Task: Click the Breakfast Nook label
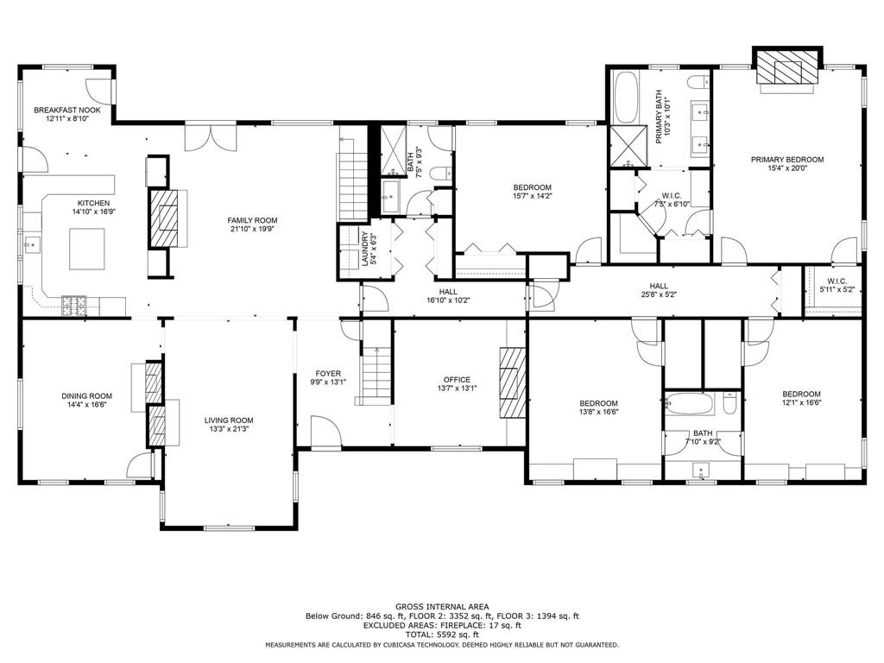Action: click(67, 110)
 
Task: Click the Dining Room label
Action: click(86, 396)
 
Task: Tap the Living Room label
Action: click(229, 420)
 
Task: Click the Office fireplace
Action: click(511, 382)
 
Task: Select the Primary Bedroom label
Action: click(786, 160)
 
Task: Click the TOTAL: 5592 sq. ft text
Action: click(441, 634)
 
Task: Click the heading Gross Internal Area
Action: click(441, 606)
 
